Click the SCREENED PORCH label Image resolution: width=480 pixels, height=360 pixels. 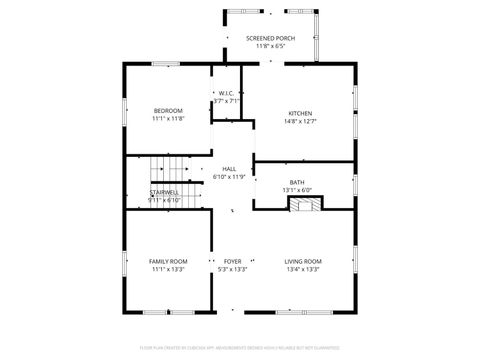point(270,38)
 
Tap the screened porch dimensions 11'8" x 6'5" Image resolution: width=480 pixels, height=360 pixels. point(270,46)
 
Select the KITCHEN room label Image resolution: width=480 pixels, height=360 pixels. point(301,113)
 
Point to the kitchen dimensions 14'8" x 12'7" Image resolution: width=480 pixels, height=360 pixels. point(301,121)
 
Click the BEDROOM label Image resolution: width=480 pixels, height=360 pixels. point(168,110)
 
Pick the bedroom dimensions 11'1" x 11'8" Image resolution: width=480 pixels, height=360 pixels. point(168,118)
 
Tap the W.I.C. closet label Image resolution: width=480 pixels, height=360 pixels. point(227,93)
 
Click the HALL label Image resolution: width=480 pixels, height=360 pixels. point(229,169)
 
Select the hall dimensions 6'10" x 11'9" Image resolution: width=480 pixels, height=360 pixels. point(229,177)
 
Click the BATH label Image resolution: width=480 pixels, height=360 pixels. point(297,182)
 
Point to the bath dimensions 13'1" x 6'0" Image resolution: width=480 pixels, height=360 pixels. point(297,190)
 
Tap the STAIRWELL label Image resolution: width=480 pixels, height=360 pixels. point(164,192)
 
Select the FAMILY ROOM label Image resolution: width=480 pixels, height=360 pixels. point(168,261)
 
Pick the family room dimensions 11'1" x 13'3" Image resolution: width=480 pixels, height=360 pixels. point(168,269)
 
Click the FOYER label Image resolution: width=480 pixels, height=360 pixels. point(232,261)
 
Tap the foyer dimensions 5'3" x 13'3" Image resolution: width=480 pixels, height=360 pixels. point(232,269)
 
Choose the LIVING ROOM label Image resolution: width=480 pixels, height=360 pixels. point(303,261)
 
